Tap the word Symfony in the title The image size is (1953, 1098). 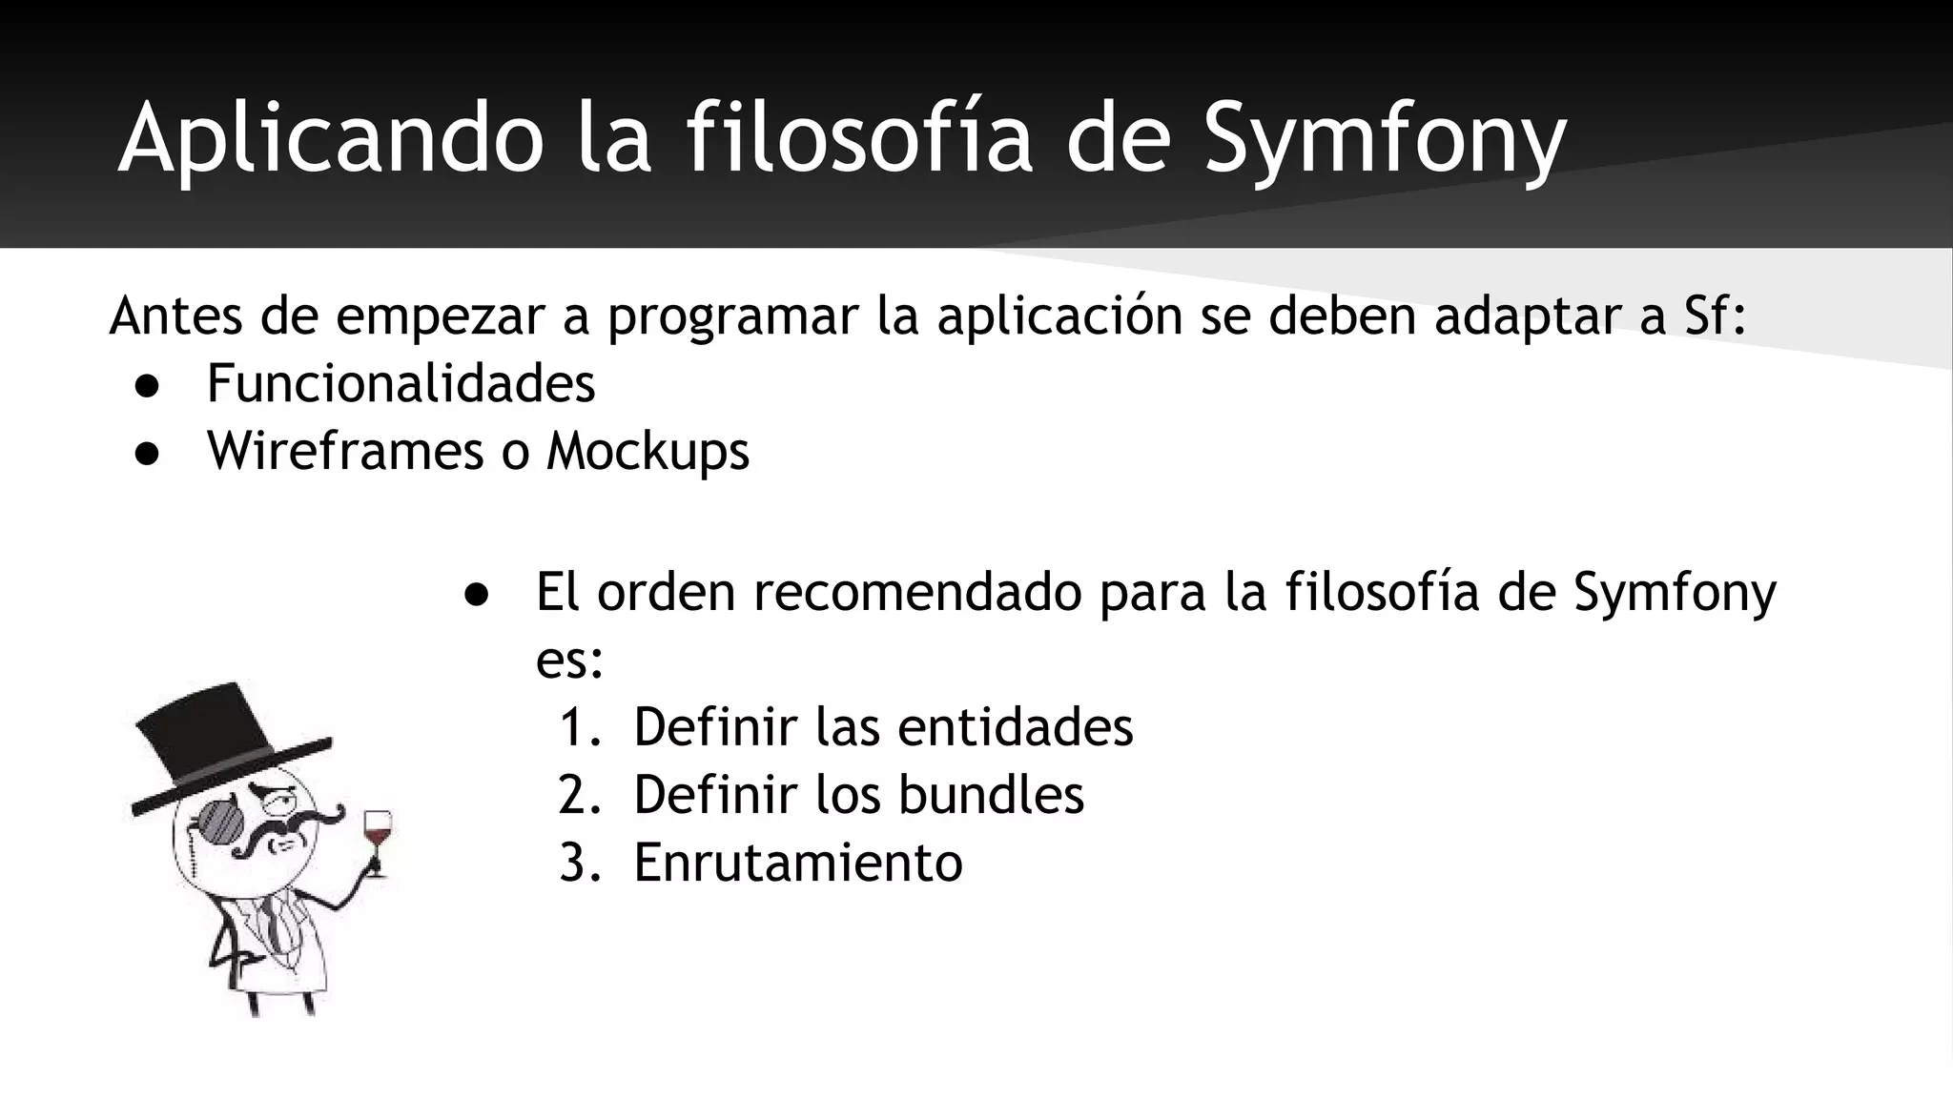coord(1385,141)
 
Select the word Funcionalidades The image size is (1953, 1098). coord(401,384)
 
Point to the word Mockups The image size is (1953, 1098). coord(648,452)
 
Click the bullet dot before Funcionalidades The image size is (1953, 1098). coord(147,387)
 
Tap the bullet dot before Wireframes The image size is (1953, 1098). coord(147,454)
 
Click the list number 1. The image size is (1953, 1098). coord(574,728)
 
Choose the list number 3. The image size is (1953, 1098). coord(574,864)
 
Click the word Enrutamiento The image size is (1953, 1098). coord(798,864)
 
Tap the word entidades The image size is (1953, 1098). coord(1015,727)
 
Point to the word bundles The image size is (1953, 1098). coord(991,795)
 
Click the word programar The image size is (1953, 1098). coord(733,318)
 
